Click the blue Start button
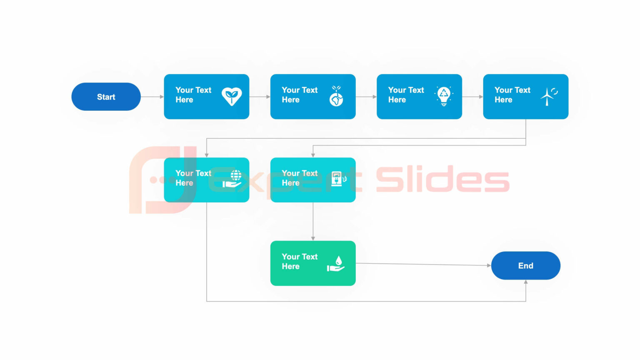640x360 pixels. click(x=106, y=97)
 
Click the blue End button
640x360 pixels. click(x=525, y=265)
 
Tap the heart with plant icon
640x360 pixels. click(x=231, y=96)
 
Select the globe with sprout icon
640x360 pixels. click(x=336, y=96)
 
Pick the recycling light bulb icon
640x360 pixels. click(x=444, y=96)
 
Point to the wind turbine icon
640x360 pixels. click(x=548, y=96)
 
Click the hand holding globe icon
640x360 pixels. click(x=232, y=179)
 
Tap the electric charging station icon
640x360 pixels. click(x=338, y=179)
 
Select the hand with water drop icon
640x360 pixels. click(x=336, y=264)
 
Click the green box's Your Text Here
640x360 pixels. click(x=299, y=261)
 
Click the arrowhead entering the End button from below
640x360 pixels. click(x=526, y=282)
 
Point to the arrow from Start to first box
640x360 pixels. click(x=152, y=97)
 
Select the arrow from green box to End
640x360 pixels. click(x=423, y=264)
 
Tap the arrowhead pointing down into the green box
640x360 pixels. click(x=313, y=238)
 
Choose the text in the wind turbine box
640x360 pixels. click(x=512, y=95)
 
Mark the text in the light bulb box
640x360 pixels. click(x=405, y=95)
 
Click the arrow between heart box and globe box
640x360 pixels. click(x=260, y=97)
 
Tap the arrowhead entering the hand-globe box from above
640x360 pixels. click(x=207, y=155)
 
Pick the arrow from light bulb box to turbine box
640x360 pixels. click(x=472, y=97)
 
